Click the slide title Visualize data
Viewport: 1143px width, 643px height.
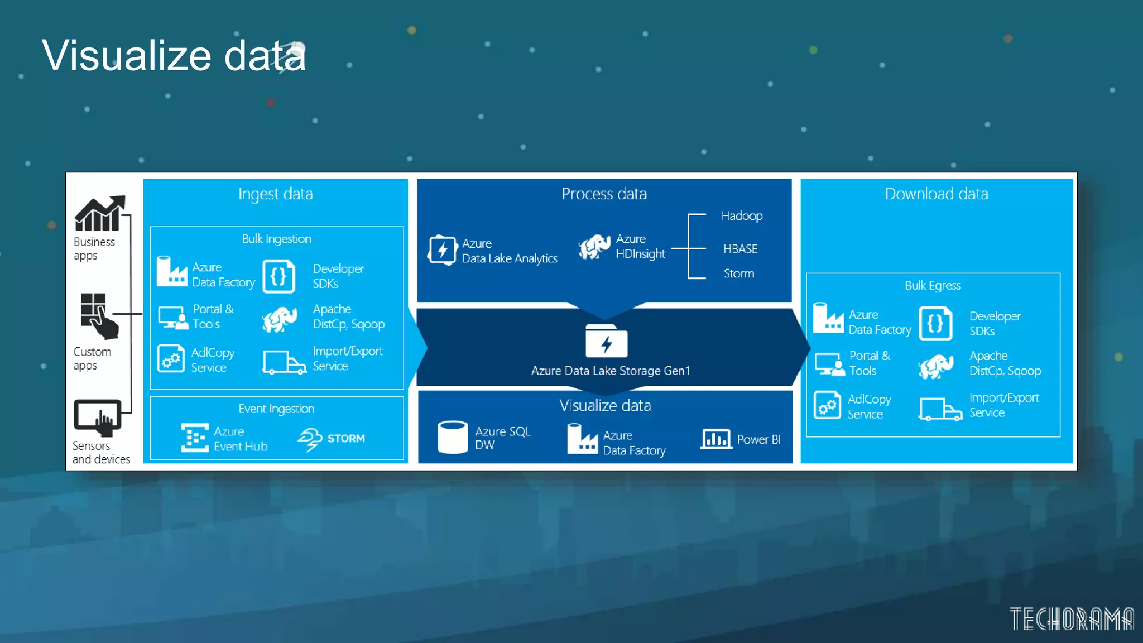pyautogui.click(x=174, y=55)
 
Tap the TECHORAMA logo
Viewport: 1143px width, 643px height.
pyautogui.click(x=1071, y=618)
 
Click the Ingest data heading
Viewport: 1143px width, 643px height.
pyautogui.click(x=275, y=194)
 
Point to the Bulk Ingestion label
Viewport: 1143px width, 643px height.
pyautogui.click(x=276, y=239)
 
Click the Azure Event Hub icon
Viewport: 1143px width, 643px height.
pyautogui.click(x=195, y=438)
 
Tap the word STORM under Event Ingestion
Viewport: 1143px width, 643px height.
pyautogui.click(x=346, y=439)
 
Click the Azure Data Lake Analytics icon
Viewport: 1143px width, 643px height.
pyautogui.click(x=442, y=250)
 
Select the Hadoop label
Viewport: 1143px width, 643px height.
pyautogui.click(x=741, y=216)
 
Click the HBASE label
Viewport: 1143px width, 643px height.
pyautogui.click(x=740, y=249)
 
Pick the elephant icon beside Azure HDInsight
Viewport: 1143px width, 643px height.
pyautogui.click(x=594, y=247)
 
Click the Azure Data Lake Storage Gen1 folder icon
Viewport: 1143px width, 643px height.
pyautogui.click(x=606, y=341)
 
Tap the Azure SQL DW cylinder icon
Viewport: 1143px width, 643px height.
pyautogui.click(x=453, y=437)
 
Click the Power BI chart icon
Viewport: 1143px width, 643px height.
pyautogui.click(x=716, y=439)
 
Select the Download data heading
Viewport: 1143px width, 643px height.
pyautogui.click(x=936, y=194)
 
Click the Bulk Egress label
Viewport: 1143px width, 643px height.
pyautogui.click(x=933, y=285)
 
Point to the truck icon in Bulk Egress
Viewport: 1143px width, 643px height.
pyautogui.click(x=940, y=409)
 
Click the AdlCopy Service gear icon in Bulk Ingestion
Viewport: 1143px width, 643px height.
pyautogui.click(x=171, y=358)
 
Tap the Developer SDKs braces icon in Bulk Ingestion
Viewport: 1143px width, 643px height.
pyautogui.click(x=278, y=276)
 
